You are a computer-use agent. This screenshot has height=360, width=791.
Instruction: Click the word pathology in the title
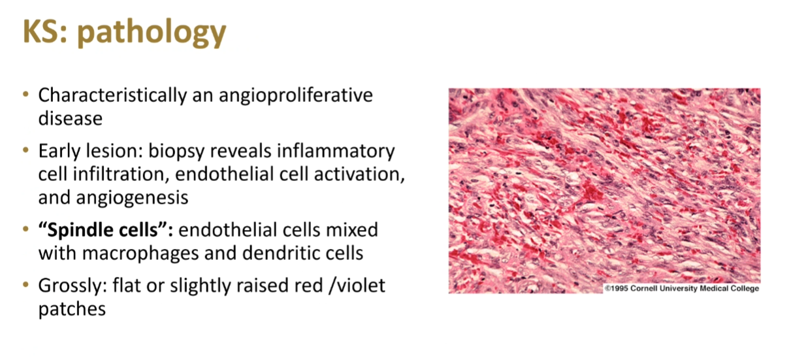152,33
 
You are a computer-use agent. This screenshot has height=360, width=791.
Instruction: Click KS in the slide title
42,32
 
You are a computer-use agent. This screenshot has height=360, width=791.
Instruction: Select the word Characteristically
112,95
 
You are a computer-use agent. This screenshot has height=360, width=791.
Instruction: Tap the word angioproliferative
296,95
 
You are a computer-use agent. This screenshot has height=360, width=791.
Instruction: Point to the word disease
71,118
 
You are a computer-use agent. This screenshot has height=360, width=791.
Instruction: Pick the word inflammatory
336,152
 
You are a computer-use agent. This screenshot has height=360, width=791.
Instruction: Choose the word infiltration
120,174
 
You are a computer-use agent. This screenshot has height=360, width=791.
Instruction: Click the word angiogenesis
132,198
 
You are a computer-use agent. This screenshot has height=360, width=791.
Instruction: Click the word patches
72,309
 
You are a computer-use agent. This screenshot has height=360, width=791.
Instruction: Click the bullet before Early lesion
25,150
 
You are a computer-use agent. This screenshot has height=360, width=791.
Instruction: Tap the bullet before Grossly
25,284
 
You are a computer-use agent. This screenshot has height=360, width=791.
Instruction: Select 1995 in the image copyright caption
619,288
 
